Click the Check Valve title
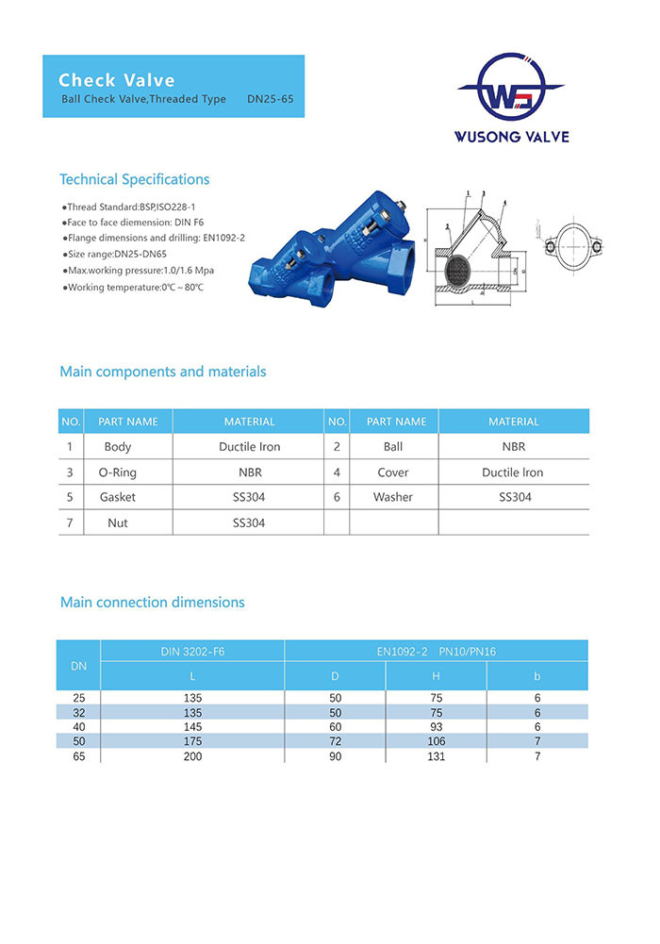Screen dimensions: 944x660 [x=117, y=80]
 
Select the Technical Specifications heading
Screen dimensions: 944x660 [x=134, y=179]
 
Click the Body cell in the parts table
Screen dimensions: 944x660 [x=118, y=447]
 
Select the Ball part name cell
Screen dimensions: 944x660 [x=393, y=447]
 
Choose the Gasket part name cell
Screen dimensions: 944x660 [x=118, y=497]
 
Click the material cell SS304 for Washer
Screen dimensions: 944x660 [x=515, y=497]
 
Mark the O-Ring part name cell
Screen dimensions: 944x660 [x=118, y=472]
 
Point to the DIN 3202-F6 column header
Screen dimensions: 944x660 [x=192, y=651]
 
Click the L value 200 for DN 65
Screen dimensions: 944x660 [x=192, y=756]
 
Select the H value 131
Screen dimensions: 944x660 [x=436, y=756]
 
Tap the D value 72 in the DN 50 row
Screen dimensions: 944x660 [x=335, y=741]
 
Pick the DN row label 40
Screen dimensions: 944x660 [x=78, y=727]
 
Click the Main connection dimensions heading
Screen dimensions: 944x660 [x=152, y=602]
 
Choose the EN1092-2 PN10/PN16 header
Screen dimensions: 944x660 [x=435, y=651]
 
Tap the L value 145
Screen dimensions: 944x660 [x=192, y=727]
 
